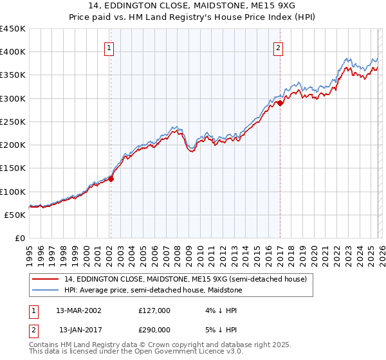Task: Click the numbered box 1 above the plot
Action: (x=110, y=48)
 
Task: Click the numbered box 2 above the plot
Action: (x=279, y=48)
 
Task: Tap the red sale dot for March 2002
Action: (x=111, y=179)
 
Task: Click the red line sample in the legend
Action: (x=46, y=279)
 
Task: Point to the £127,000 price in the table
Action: (x=154, y=310)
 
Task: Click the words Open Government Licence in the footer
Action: (x=177, y=352)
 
